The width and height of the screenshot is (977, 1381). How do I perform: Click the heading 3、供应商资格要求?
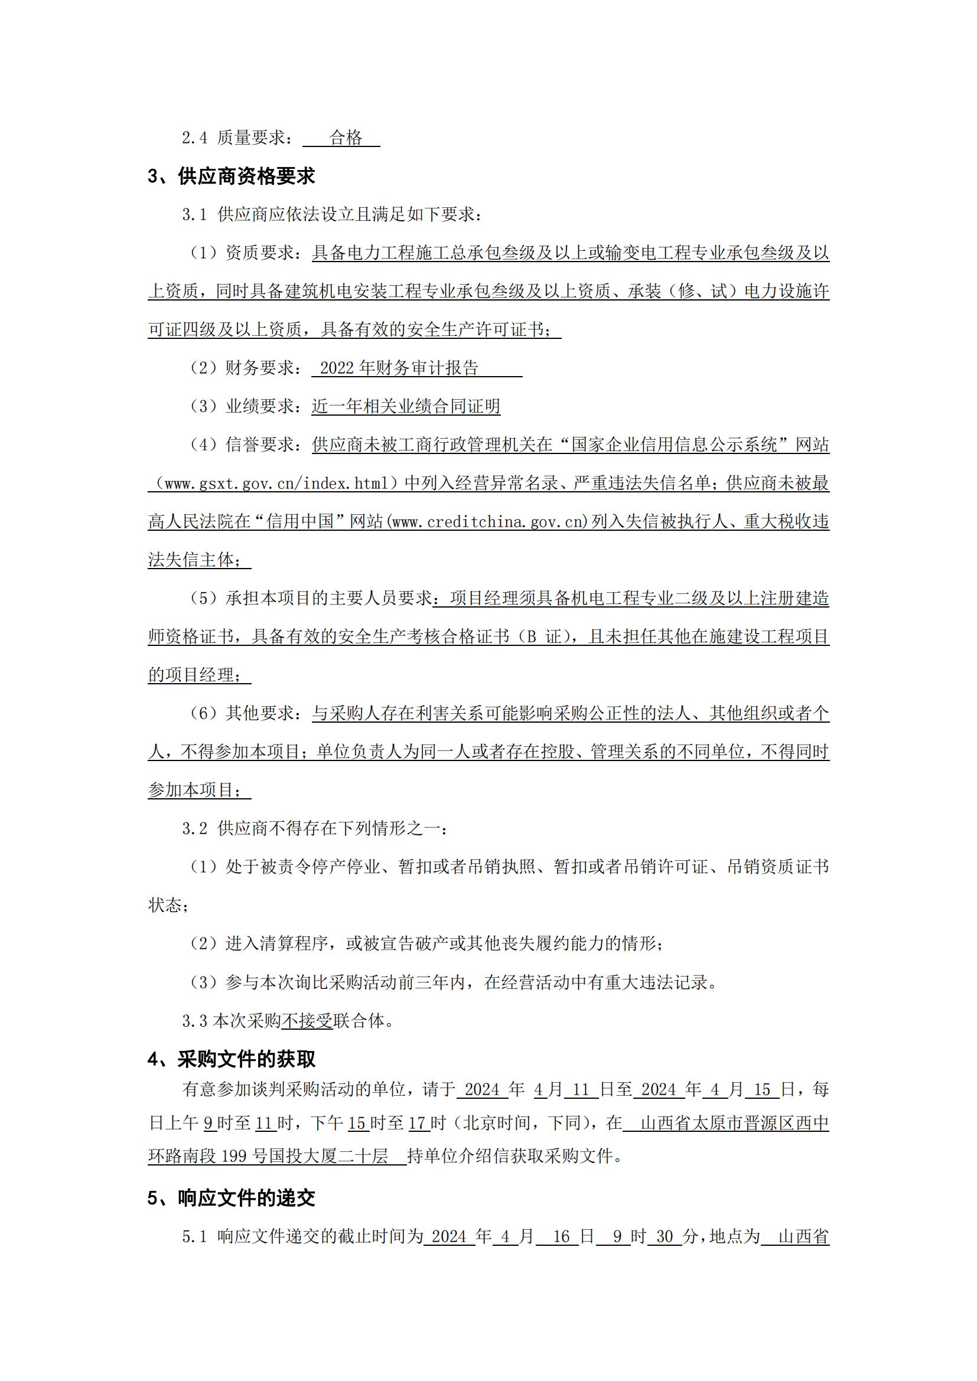(x=231, y=176)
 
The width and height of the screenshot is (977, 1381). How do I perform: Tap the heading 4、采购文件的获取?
(x=231, y=1059)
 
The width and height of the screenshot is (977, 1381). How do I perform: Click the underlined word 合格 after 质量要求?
(x=346, y=138)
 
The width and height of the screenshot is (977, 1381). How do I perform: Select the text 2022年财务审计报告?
(x=399, y=368)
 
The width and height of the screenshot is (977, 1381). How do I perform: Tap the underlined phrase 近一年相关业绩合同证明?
(x=405, y=407)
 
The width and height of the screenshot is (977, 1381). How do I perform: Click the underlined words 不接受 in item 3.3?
(x=307, y=1021)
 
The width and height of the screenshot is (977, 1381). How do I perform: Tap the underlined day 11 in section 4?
(x=580, y=1090)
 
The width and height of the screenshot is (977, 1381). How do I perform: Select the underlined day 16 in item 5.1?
(x=561, y=1237)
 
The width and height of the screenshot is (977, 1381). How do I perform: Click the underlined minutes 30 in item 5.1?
(x=664, y=1237)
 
